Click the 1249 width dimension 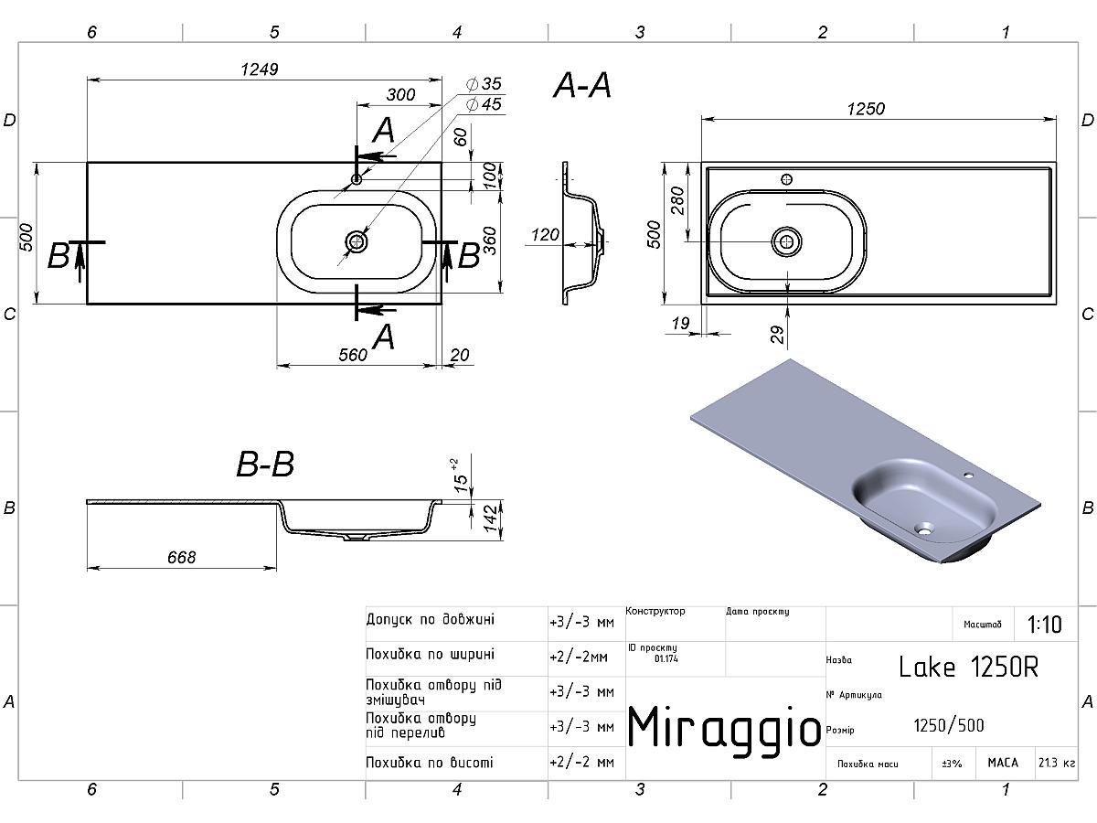(259, 69)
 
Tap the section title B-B (265, 465)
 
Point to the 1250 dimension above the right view (866, 109)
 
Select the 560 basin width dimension (353, 355)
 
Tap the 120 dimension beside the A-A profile (545, 235)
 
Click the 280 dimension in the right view (677, 201)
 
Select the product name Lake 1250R (968, 666)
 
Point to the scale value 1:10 (1045, 625)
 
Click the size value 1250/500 (949, 725)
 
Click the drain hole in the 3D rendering (925, 528)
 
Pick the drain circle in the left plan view (357, 241)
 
